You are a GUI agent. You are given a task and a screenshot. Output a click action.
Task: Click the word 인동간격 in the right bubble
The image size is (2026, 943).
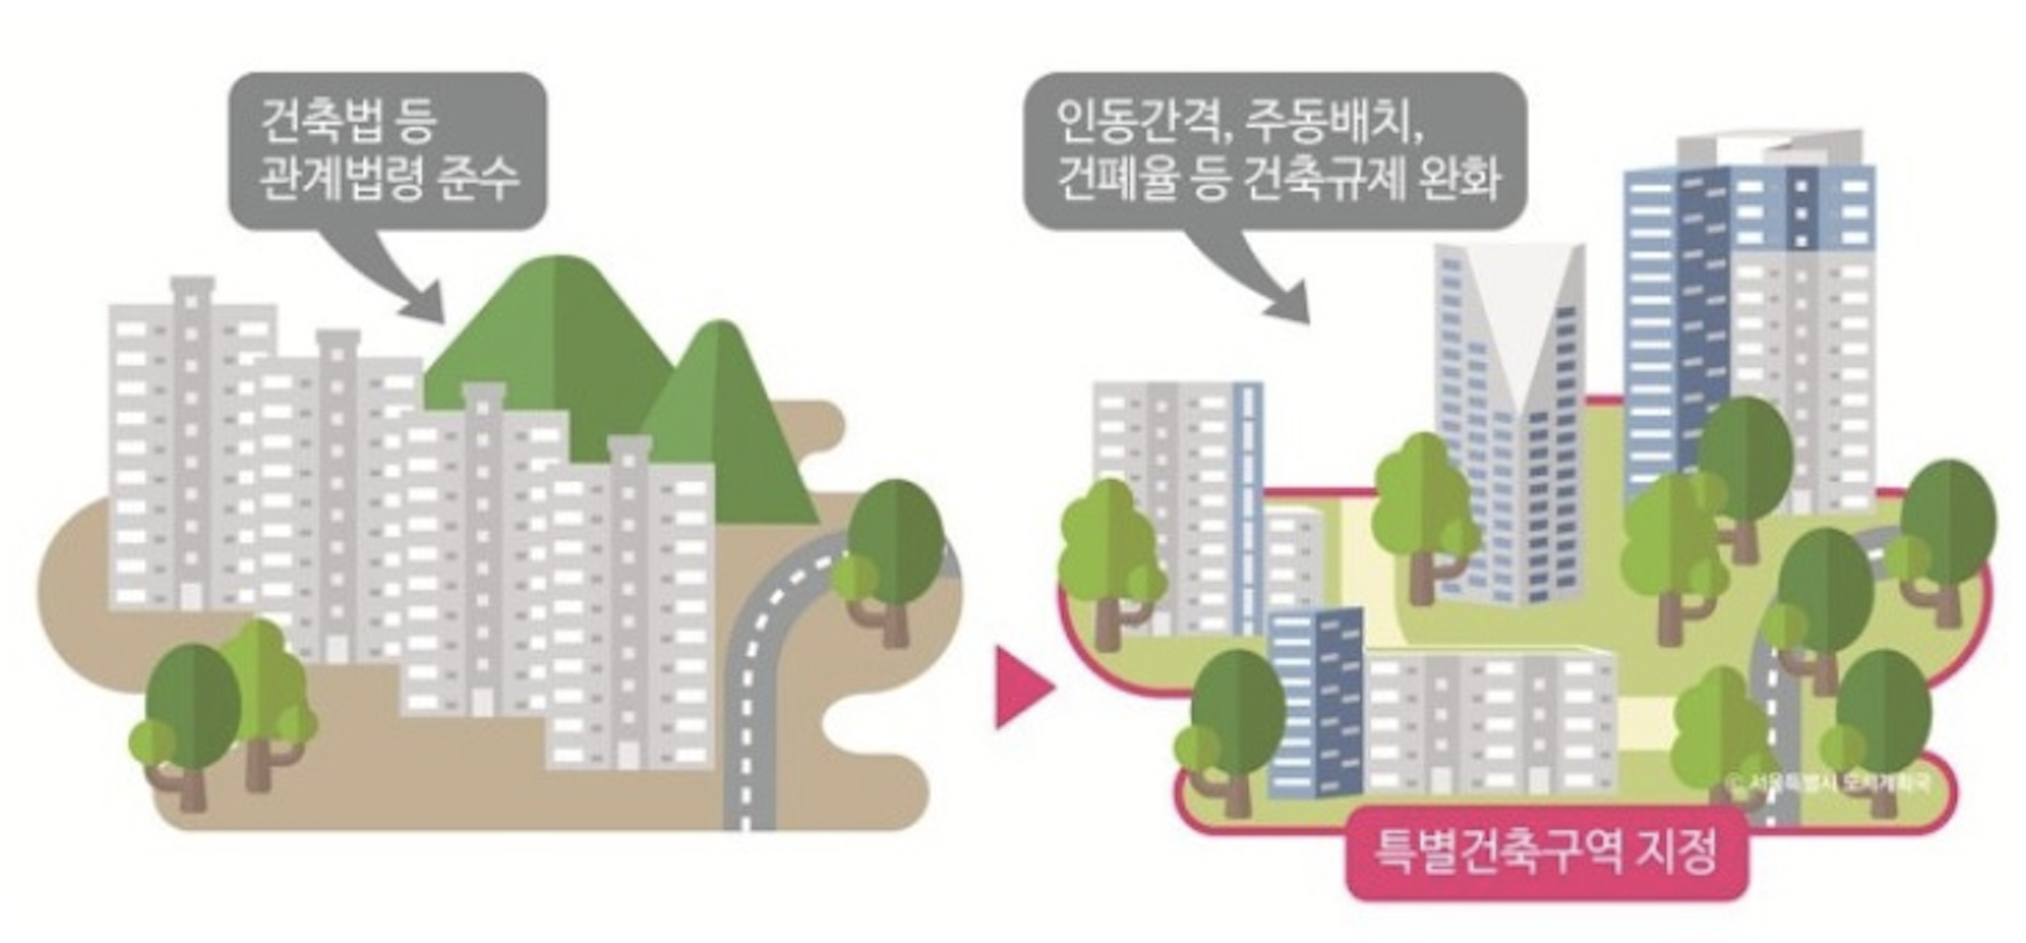click(1142, 121)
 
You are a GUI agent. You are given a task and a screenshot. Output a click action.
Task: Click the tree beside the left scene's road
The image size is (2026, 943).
click(890, 554)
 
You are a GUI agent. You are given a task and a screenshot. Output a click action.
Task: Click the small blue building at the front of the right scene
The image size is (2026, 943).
click(1315, 701)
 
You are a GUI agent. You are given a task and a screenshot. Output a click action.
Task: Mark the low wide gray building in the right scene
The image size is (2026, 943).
click(1490, 720)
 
